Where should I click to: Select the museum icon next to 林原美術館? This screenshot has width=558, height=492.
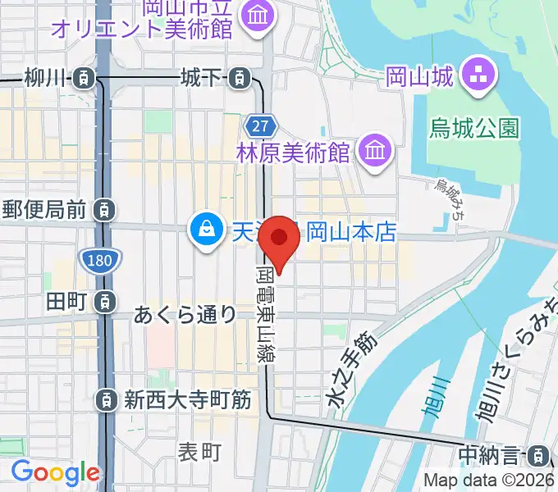[x=374, y=152]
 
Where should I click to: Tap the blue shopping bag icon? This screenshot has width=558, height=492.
[x=203, y=229]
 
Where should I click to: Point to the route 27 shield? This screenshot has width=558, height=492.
[x=259, y=126]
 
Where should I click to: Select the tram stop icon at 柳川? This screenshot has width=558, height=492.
[x=83, y=79]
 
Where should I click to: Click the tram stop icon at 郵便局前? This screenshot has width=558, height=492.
[x=104, y=211]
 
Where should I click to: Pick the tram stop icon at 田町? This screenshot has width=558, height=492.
[x=104, y=302]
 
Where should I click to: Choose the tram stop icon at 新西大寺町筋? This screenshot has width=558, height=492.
[x=105, y=400]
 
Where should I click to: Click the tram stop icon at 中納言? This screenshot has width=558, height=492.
[x=539, y=453]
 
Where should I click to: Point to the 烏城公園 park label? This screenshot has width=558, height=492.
[x=475, y=128]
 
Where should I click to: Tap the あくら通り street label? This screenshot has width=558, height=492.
[x=185, y=314]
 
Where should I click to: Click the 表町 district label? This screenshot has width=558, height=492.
[x=200, y=450]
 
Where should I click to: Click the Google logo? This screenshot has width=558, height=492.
[x=55, y=472]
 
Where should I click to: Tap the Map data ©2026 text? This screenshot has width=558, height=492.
[x=489, y=481]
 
